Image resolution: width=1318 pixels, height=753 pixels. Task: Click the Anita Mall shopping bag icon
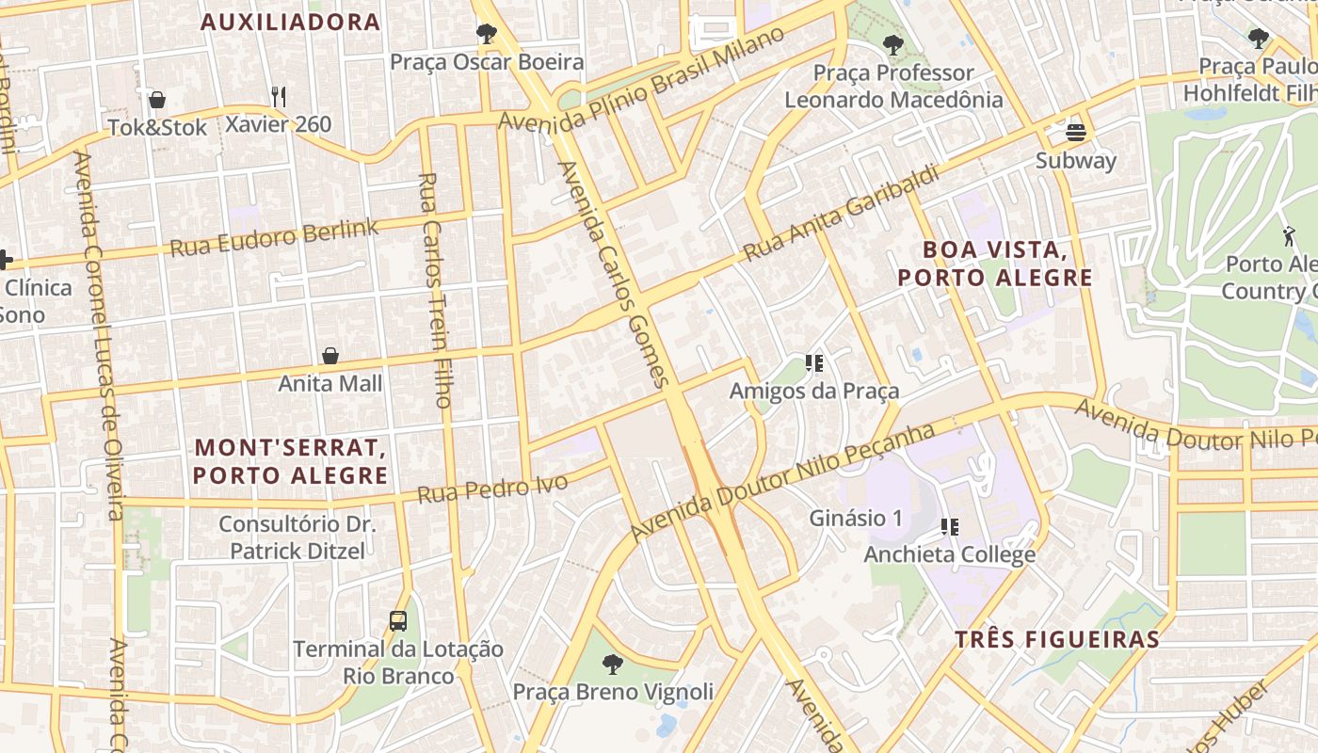[x=330, y=356]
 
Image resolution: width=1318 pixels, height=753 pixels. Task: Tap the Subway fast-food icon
[x=1076, y=132]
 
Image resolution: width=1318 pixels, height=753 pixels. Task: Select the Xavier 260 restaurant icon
[x=278, y=96]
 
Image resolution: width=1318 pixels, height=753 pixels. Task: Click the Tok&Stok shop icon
[x=157, y=99]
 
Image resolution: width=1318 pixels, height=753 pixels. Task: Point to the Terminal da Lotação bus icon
[x=398, y=621]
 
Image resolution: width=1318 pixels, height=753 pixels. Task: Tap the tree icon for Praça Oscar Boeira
[x=487, y=35]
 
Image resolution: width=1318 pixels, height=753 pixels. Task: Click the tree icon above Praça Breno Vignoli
[x=613, y=665]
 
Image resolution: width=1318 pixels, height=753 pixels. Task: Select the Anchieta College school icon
[x=950, y=527]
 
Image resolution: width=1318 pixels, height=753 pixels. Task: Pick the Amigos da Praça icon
[x=814, y=363]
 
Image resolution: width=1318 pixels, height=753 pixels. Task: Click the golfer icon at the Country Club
[x=1288, y=235]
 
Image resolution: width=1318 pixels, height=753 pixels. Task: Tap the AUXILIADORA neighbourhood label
[x=291, y=23]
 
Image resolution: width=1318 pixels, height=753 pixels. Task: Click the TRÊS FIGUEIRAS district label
[x=1057, y=640]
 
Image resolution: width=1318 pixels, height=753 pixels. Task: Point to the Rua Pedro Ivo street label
[x=492, y=489]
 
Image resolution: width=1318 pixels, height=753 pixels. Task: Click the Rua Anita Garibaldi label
[x=841, y=214]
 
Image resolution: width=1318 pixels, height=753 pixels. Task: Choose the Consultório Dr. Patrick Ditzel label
[x=297, y=537]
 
